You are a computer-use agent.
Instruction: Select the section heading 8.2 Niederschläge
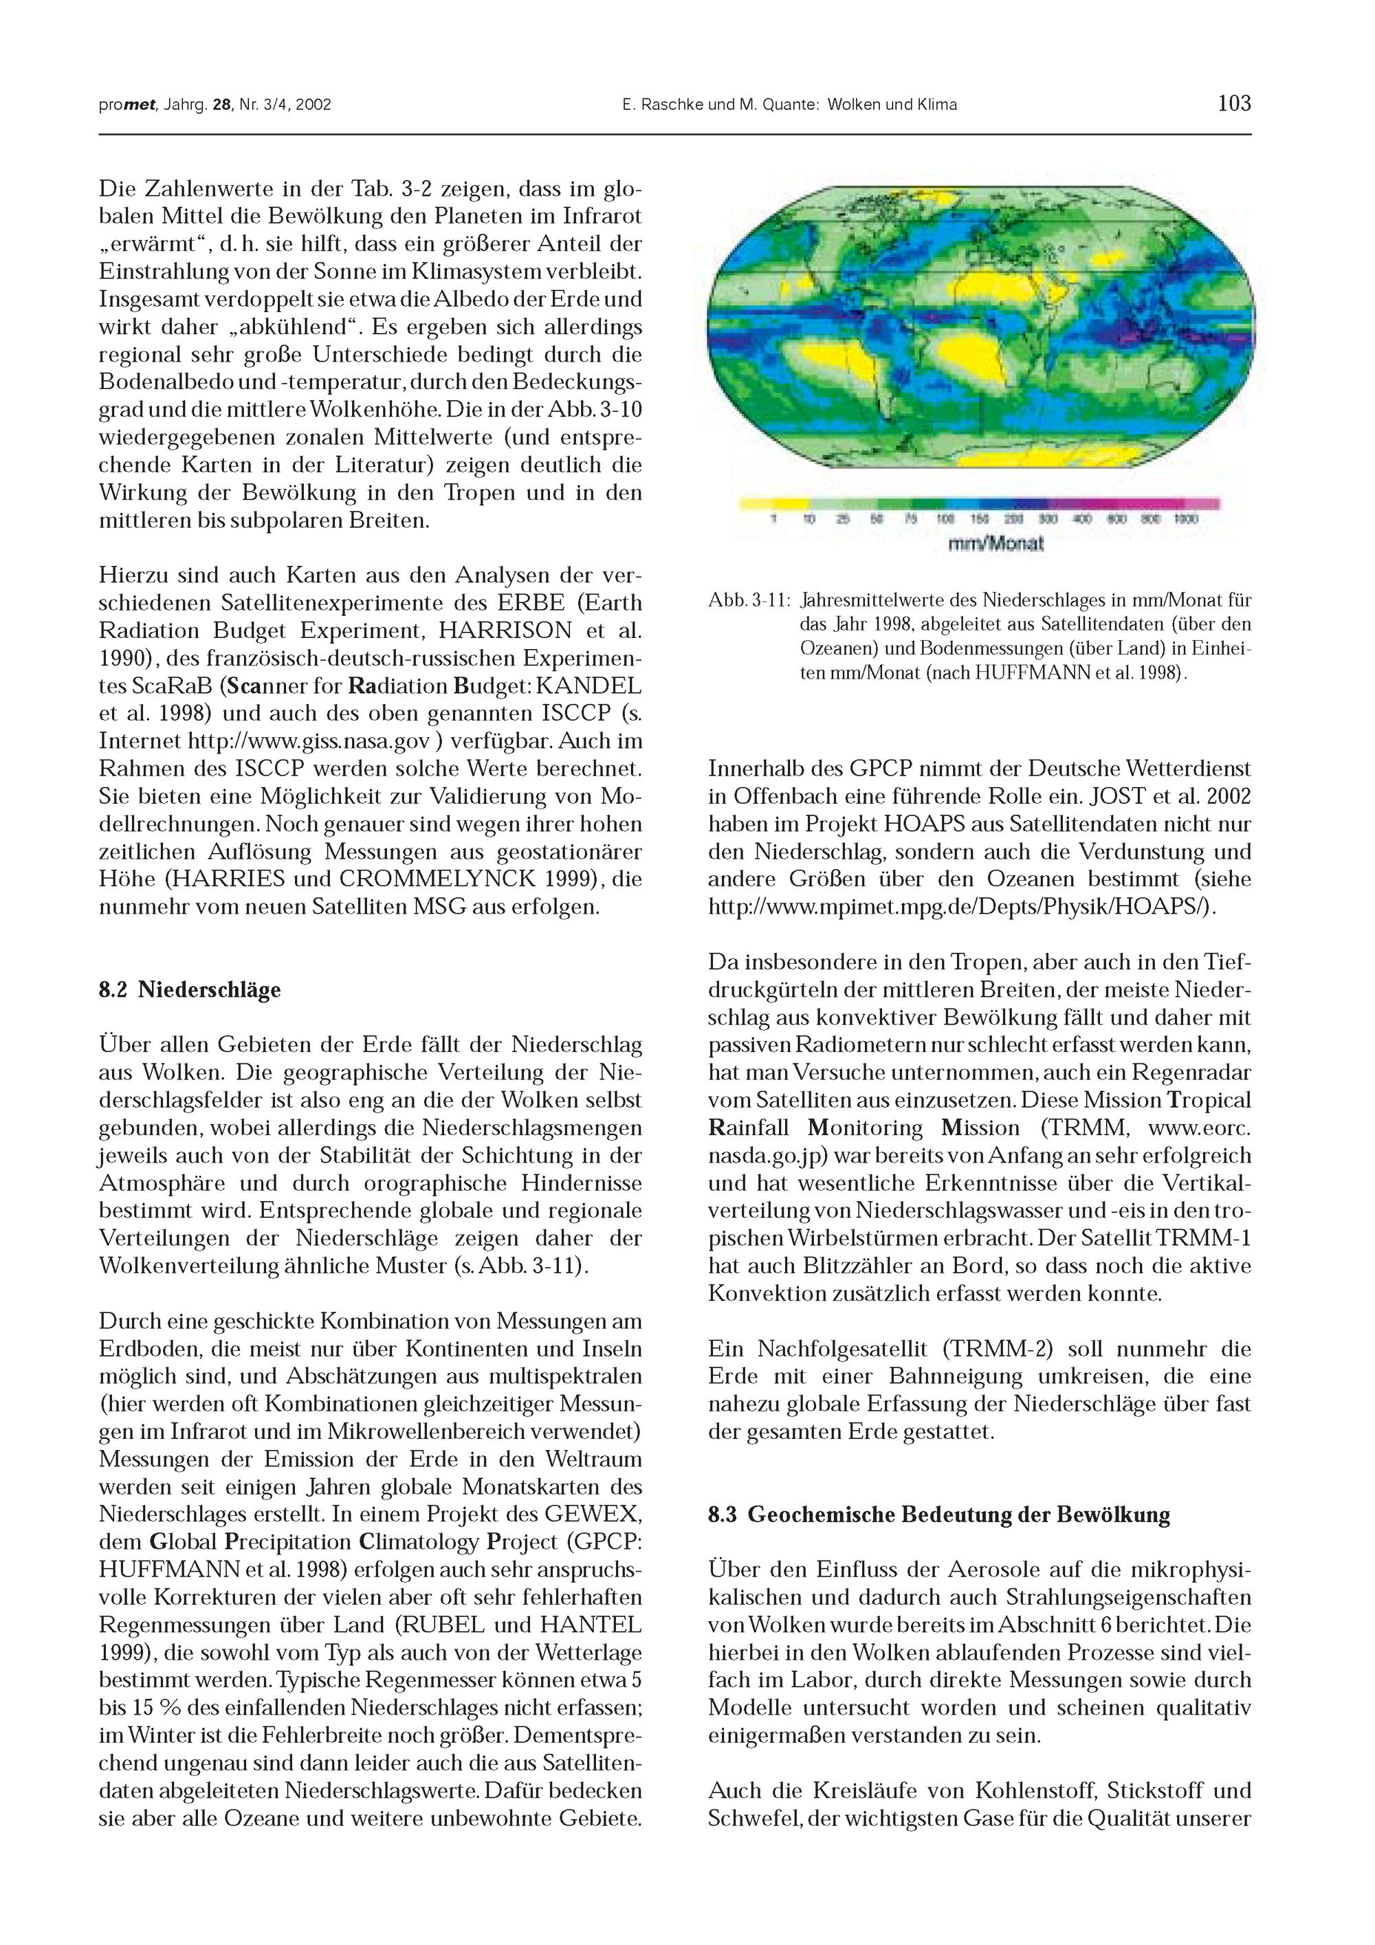190,989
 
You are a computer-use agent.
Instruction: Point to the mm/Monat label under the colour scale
995,544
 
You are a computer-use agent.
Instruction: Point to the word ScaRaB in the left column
132,686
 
